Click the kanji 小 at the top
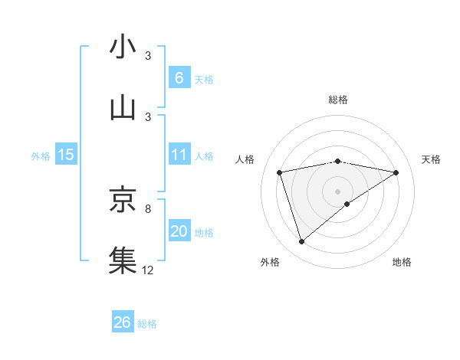[x=123, y=47]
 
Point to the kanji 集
[x=123, y=260]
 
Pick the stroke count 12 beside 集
[x=148, y=270]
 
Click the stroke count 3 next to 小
[x=148, y=57]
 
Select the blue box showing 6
[x=179, y=77]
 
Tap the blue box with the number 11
[x=179, y=155]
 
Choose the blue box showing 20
[x=179, y=231]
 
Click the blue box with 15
[x=66, y=155]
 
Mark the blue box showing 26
[x=123, y=322]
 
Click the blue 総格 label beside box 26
[x=147, y=324]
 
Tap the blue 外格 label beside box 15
[x=41, y=156]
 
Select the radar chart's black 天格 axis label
[x=432, y=159]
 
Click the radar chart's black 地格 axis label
[x=402, y=262]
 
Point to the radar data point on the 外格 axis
[x=301, y=242]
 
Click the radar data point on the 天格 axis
[x=396, y=172]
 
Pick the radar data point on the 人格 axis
[x=280, y=172]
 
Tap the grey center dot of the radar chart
[x=338, y=191]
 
